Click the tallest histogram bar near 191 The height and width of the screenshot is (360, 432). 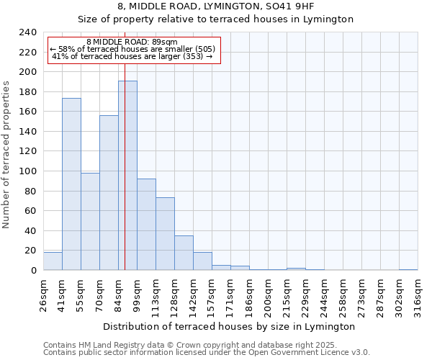(x=127, y=176)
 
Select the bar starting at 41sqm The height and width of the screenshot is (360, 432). (x=71, y=184)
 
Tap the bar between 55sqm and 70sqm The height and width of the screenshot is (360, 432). (x=90, y=222)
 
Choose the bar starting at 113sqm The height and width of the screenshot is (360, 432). (x=165, y=234)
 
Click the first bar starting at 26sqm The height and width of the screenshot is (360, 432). (x=53, y=261)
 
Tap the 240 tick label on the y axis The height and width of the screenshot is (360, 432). (x=28, y=32)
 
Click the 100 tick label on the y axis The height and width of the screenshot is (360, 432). (x=28, y=171)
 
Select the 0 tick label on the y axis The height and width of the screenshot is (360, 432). (x=34, y=271)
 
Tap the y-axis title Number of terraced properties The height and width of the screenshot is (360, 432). (x=7, y=155)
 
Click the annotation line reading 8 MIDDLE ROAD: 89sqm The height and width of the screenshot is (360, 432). (x=132, y=42)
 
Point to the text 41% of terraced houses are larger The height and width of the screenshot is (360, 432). (x=132, y=56)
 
